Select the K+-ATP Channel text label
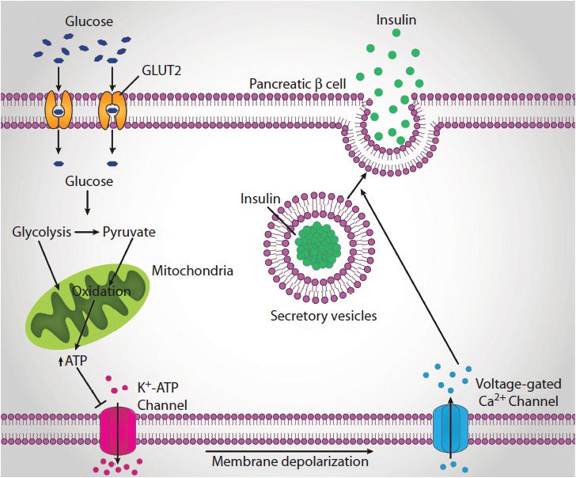point(165,396)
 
